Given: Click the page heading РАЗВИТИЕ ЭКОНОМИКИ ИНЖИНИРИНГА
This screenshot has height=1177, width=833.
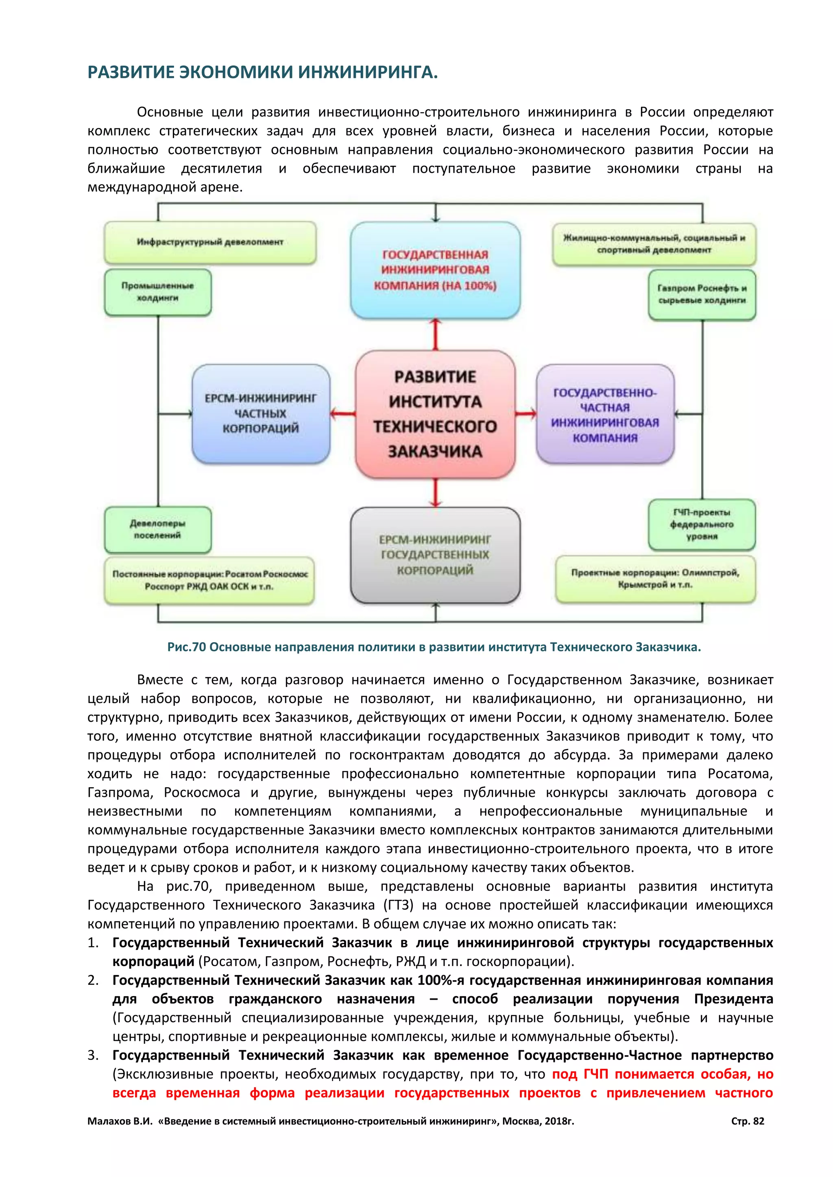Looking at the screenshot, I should coord(263,72).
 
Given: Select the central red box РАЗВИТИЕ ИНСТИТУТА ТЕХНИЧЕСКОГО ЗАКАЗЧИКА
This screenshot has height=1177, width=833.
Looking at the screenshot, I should coord(435,414).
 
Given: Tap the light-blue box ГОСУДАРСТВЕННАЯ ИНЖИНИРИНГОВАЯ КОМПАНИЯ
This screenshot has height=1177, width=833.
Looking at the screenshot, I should coord(435,270).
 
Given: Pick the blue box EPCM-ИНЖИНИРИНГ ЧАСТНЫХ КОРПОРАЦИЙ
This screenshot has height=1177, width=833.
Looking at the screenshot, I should coord(261,414).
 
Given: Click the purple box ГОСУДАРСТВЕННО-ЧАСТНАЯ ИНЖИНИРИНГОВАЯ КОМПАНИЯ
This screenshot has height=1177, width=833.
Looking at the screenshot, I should coord(605,414).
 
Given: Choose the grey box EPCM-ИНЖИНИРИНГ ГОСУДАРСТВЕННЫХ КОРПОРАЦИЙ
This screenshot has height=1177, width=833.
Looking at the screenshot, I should coord(435,555).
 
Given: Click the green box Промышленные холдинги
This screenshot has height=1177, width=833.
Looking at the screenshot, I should coord(157,292).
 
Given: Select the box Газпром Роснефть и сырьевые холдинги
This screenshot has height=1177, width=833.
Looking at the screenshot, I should coord(702,295).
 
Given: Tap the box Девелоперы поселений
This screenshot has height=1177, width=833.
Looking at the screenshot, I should coord(157,530).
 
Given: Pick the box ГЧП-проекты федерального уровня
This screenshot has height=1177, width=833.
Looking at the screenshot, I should coord(702,524).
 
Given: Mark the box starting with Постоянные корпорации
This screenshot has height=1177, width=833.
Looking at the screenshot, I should coord(209,580).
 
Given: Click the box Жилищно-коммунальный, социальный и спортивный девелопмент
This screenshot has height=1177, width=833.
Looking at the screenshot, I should coord(654,244).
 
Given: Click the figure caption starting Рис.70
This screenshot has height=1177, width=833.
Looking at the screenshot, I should coord(434,647).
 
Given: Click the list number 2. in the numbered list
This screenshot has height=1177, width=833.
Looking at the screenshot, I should coord(93,980).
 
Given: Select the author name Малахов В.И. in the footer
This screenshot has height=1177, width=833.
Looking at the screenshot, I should coord(120,1121).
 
